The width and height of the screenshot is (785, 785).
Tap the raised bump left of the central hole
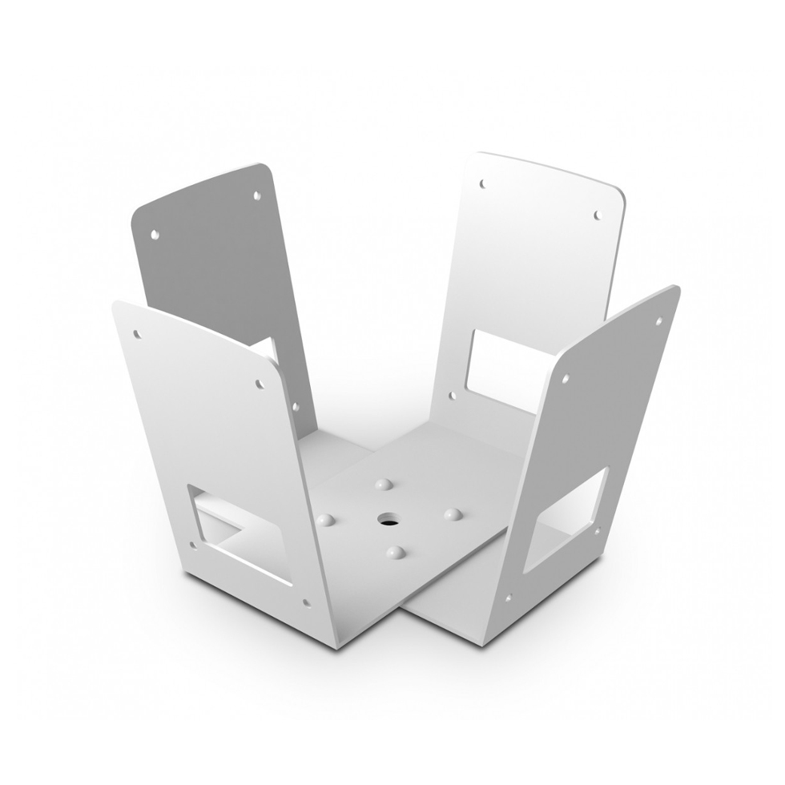point(324,519)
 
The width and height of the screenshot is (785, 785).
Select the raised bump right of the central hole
point(453,513)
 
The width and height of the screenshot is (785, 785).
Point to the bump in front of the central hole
point(394,552)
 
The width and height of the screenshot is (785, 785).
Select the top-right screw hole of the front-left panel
point(260,384)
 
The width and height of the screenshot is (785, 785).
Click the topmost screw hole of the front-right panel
point(659,321)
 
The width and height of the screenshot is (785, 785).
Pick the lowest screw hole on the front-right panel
point(508,597)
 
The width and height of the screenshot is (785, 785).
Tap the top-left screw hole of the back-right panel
point(483,184)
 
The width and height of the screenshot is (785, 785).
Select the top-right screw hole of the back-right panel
point(597,215)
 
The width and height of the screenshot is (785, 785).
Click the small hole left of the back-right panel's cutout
point(452,395)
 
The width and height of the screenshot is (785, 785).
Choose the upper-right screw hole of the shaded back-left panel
point(256,195)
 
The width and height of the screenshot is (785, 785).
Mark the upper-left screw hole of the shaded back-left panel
point(155,235)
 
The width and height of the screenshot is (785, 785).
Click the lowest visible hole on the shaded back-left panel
point(295,407)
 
